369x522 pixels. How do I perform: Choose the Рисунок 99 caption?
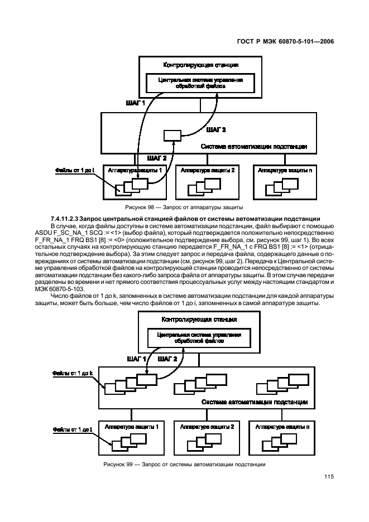(184, 464)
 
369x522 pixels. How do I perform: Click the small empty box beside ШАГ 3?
(172, 135)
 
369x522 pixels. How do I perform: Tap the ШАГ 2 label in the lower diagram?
(168, 359)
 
